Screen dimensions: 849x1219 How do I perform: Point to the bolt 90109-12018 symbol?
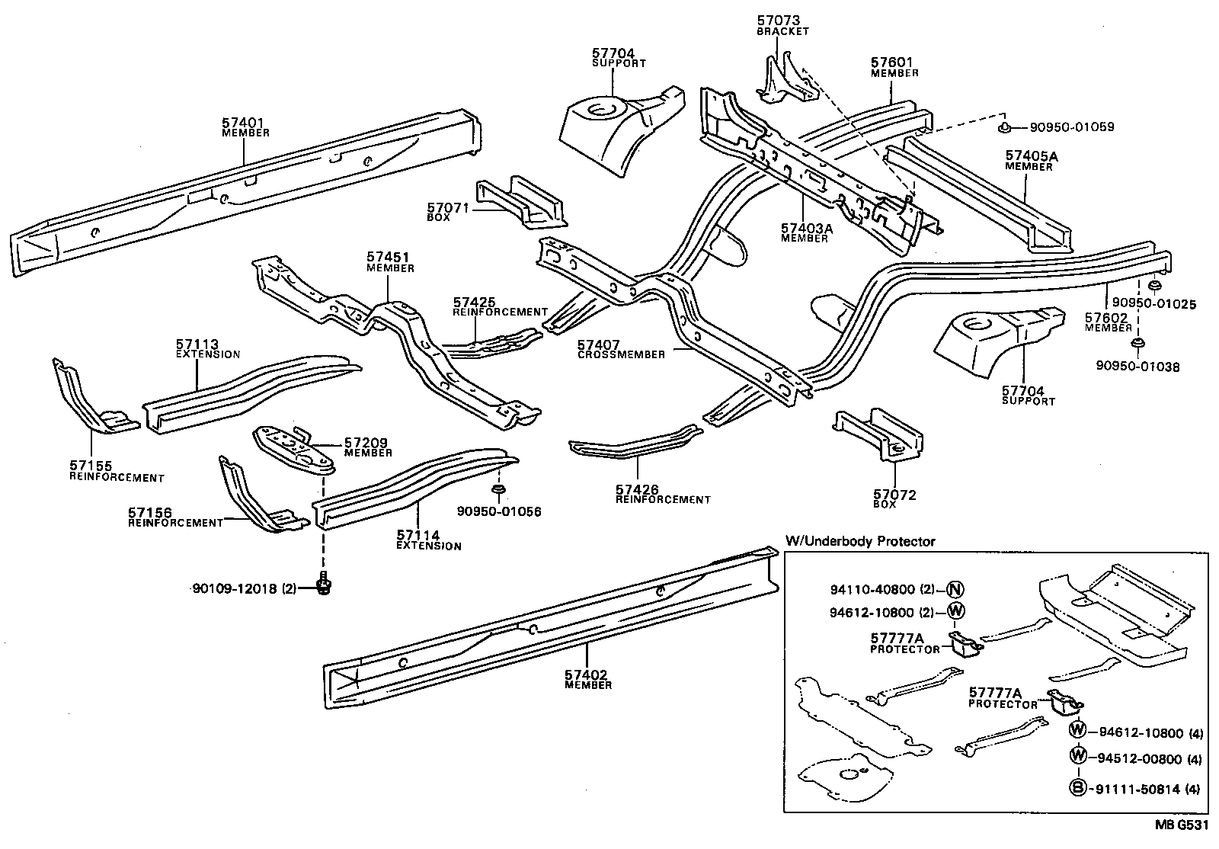[325, 585]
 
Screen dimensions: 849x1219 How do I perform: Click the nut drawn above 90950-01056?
[498, 488]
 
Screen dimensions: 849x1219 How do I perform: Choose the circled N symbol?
[956, 588]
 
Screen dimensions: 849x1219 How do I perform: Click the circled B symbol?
[1077, 790]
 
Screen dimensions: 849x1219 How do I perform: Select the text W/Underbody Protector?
[859, 542]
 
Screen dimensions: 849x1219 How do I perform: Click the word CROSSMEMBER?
[621, 354]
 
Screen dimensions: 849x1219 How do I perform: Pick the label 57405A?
[1032, 156]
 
